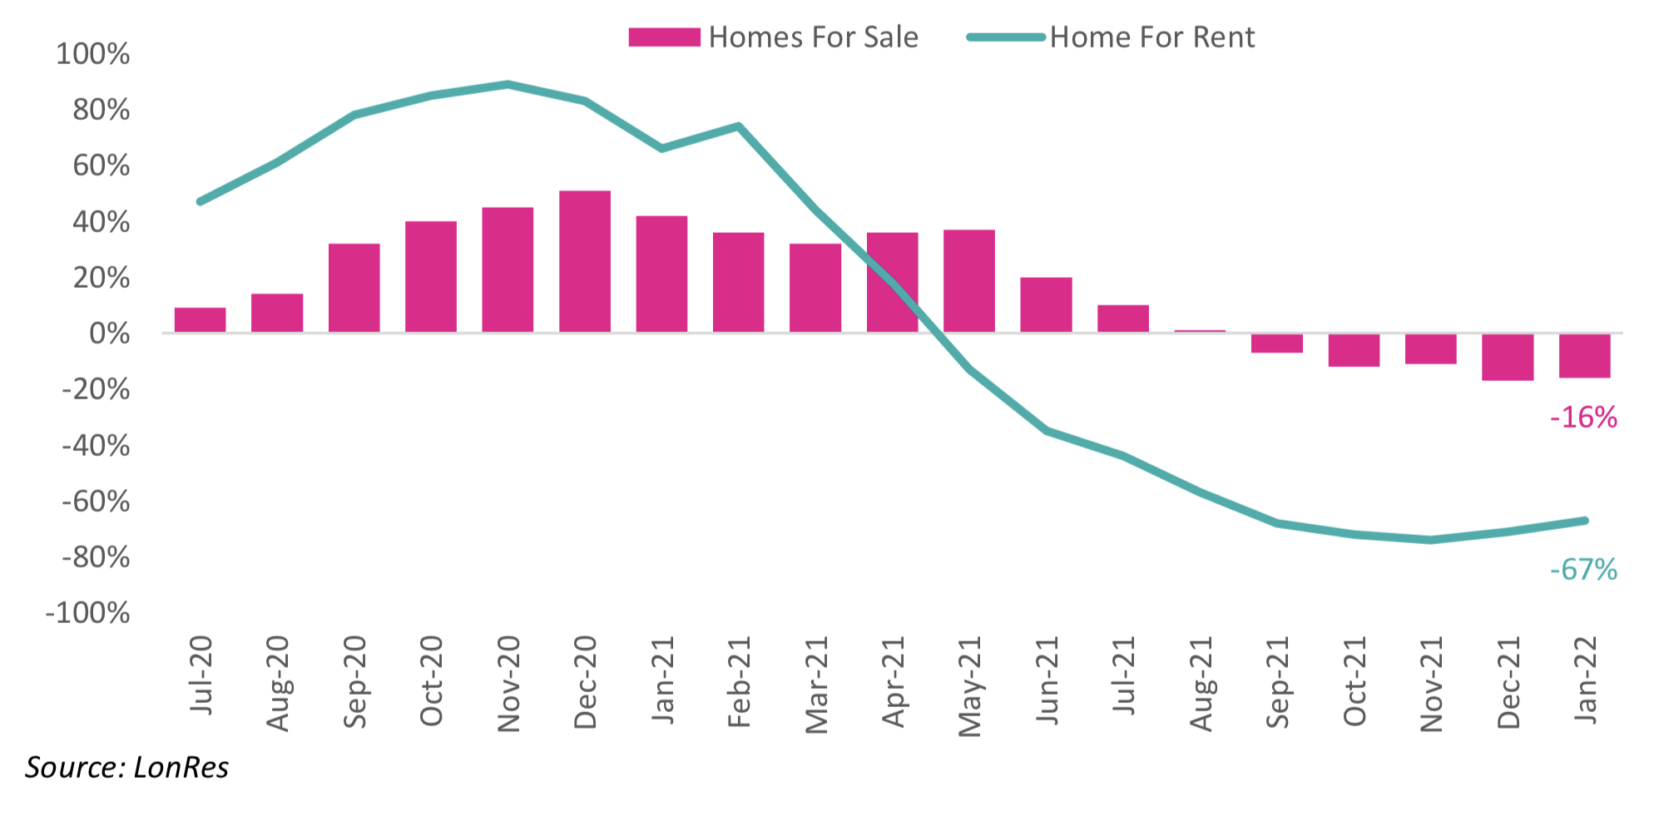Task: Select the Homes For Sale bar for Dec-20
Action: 584,262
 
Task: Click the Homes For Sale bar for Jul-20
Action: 200,320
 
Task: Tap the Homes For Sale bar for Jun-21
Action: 1046,305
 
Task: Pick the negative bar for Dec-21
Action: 1507,357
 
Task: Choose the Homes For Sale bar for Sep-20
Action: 354,288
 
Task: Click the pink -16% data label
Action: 1583,418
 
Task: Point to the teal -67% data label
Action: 1583,570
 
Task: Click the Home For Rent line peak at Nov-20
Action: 508,85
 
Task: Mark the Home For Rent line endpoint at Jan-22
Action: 1584,521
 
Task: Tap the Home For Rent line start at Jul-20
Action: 200,201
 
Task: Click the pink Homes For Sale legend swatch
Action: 664,37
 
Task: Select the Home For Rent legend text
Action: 1151,37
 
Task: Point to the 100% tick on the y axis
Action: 92,54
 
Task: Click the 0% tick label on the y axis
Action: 109,334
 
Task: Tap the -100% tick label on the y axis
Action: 87,614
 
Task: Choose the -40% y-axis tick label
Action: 96,446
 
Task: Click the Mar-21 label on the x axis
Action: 817,685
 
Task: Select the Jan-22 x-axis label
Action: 1586,680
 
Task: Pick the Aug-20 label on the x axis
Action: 278,683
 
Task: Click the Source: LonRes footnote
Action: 126,767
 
